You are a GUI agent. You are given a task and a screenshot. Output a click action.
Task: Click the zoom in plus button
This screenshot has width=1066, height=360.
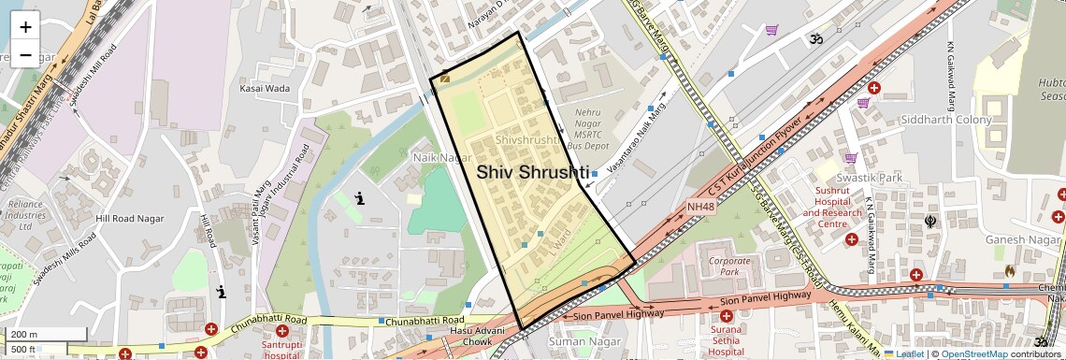point(25,27)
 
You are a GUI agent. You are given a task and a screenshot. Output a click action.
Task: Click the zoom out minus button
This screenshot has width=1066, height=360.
point(25,55)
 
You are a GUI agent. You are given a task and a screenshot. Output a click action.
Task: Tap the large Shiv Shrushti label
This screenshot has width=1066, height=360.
point(533,172)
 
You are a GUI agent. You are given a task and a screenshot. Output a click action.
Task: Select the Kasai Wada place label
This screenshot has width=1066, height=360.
point(265,89)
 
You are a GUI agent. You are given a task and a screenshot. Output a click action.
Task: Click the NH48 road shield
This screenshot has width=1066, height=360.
point(700,207)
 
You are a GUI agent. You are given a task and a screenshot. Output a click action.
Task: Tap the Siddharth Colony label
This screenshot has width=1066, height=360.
point(946,121)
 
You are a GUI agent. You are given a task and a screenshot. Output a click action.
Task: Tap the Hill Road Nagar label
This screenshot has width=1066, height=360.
point(130,219)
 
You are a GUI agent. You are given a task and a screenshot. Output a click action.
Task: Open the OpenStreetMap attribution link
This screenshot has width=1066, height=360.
point(976,354)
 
